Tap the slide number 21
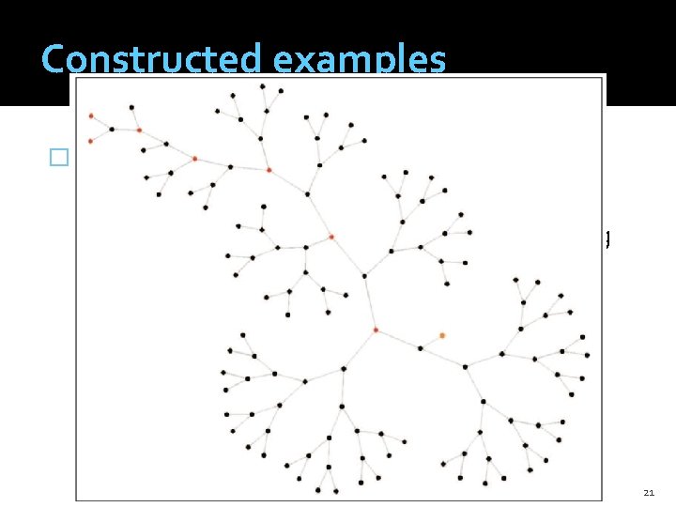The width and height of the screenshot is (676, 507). click(649, 492)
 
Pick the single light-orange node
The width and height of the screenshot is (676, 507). click(442, 335)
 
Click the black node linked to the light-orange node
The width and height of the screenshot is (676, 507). click(420, 347)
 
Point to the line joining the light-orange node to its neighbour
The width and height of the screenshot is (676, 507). click(431, 341)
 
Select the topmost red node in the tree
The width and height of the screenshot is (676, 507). click(91, 115)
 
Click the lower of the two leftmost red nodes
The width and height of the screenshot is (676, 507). click(90, 141)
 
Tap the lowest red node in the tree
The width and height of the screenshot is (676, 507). click(376, 330)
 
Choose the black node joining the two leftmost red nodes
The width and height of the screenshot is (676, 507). click(112, 129)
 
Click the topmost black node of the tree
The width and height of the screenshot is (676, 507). click(262, 86)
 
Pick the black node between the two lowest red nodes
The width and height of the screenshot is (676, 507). click(364, 275)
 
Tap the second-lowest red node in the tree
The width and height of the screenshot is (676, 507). click(330, 237)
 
